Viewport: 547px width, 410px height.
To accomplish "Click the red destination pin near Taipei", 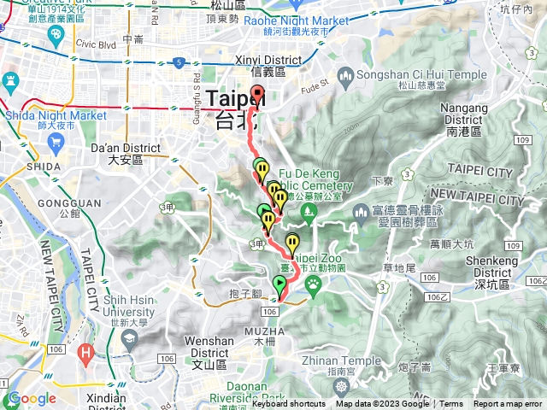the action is point(257,95).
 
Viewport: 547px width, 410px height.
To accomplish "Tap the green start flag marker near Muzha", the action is point(279,284).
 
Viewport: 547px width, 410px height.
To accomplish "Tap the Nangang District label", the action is point(463,114).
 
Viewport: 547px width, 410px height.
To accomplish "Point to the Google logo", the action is point(31,398).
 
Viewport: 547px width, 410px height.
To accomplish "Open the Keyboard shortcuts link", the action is point(288,404).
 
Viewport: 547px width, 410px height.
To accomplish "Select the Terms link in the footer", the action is point(451,404).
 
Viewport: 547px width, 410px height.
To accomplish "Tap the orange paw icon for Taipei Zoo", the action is point(314,281).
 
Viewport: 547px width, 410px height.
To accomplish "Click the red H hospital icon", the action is point(85,351).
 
